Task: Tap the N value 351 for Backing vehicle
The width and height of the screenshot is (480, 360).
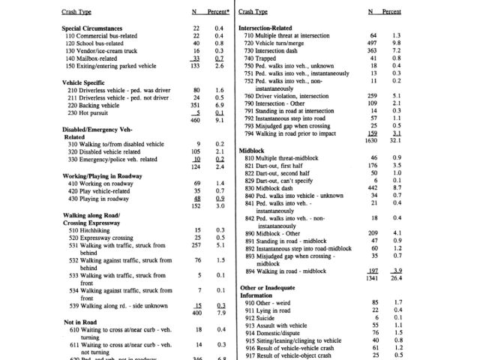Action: (x=196, y=105)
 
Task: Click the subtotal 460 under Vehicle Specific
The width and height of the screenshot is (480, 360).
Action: (x=196, y=119)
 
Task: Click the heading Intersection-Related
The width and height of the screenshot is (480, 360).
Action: (x=267, y=28)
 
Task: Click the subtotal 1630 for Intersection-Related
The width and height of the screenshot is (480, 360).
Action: (x=370, y=140)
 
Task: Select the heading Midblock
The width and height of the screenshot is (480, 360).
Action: (x=251, y=151)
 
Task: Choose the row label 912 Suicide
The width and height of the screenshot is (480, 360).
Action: (x=262, y=317)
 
